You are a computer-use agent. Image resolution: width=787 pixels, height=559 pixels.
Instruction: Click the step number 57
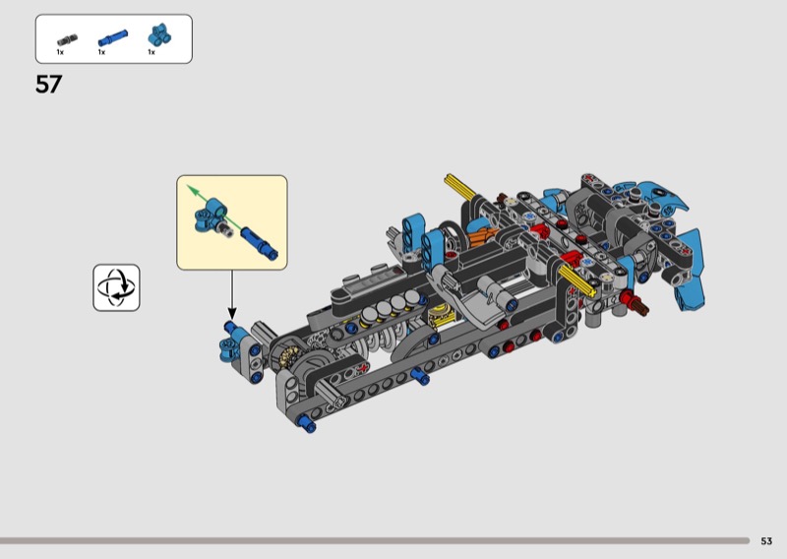tap(48, 84)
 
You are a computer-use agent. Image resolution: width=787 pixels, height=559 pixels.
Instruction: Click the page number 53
tap(766, 541)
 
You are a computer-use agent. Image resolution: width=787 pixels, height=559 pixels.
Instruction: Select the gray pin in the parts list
tap(67, 39)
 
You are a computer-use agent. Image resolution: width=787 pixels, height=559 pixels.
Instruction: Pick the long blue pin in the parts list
tap(113, 37)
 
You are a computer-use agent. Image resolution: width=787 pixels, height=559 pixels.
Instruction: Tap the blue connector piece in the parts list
tap(160, 35)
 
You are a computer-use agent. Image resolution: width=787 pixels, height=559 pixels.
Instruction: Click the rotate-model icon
tap(116, 287)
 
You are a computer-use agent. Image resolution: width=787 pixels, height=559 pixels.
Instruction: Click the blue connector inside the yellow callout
tap(210, 215)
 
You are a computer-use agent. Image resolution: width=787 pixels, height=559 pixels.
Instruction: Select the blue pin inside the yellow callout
tap(260, 244)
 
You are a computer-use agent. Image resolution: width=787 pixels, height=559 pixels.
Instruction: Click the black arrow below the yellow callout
tap(232, 295)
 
